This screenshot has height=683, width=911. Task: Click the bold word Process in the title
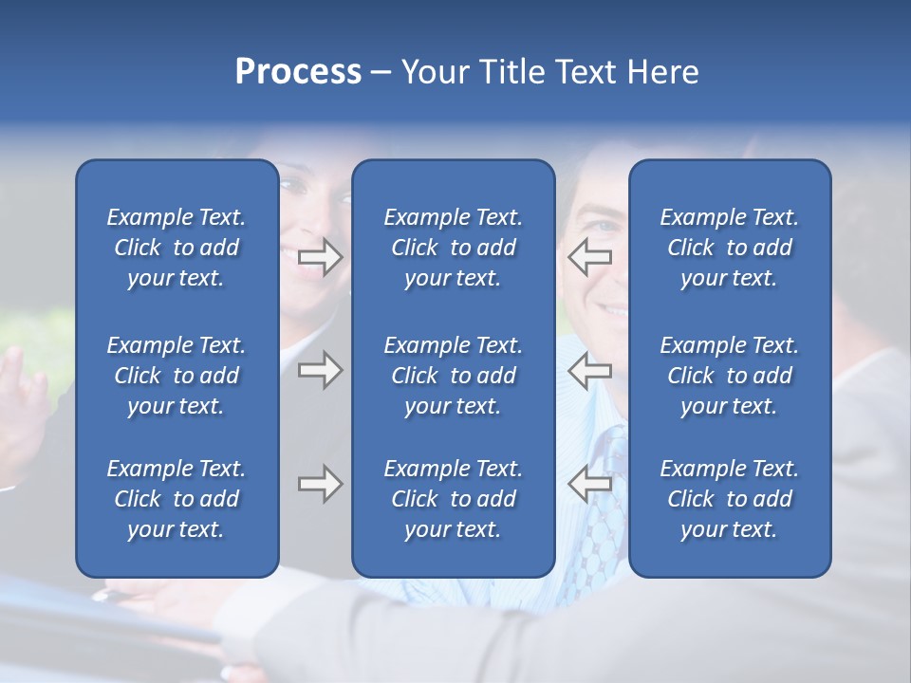(298, 72)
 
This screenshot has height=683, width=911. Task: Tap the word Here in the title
(663, 72)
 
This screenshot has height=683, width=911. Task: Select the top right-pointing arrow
(320, 257)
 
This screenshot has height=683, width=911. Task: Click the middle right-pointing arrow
(320, 371)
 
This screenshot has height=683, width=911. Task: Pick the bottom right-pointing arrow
(320, 485)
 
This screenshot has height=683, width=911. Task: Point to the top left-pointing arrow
(589, 257)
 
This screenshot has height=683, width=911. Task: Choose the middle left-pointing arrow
(589, 371)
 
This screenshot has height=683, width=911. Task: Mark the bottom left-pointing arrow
(589, 485)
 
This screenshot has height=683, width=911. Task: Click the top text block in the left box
(177, 248)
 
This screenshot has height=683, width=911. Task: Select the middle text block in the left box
(177, 376)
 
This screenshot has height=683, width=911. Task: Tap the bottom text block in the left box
(177, 499)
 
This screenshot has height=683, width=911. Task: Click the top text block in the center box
(453, 248)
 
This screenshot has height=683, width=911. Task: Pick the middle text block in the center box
(453, 376)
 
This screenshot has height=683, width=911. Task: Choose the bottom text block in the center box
(453, 499)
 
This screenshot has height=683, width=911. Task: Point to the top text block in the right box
(729, 248)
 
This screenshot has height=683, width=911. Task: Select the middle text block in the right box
(729, 376)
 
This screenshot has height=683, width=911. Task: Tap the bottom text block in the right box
(729, 499)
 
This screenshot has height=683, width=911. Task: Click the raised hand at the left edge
(23, 398)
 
